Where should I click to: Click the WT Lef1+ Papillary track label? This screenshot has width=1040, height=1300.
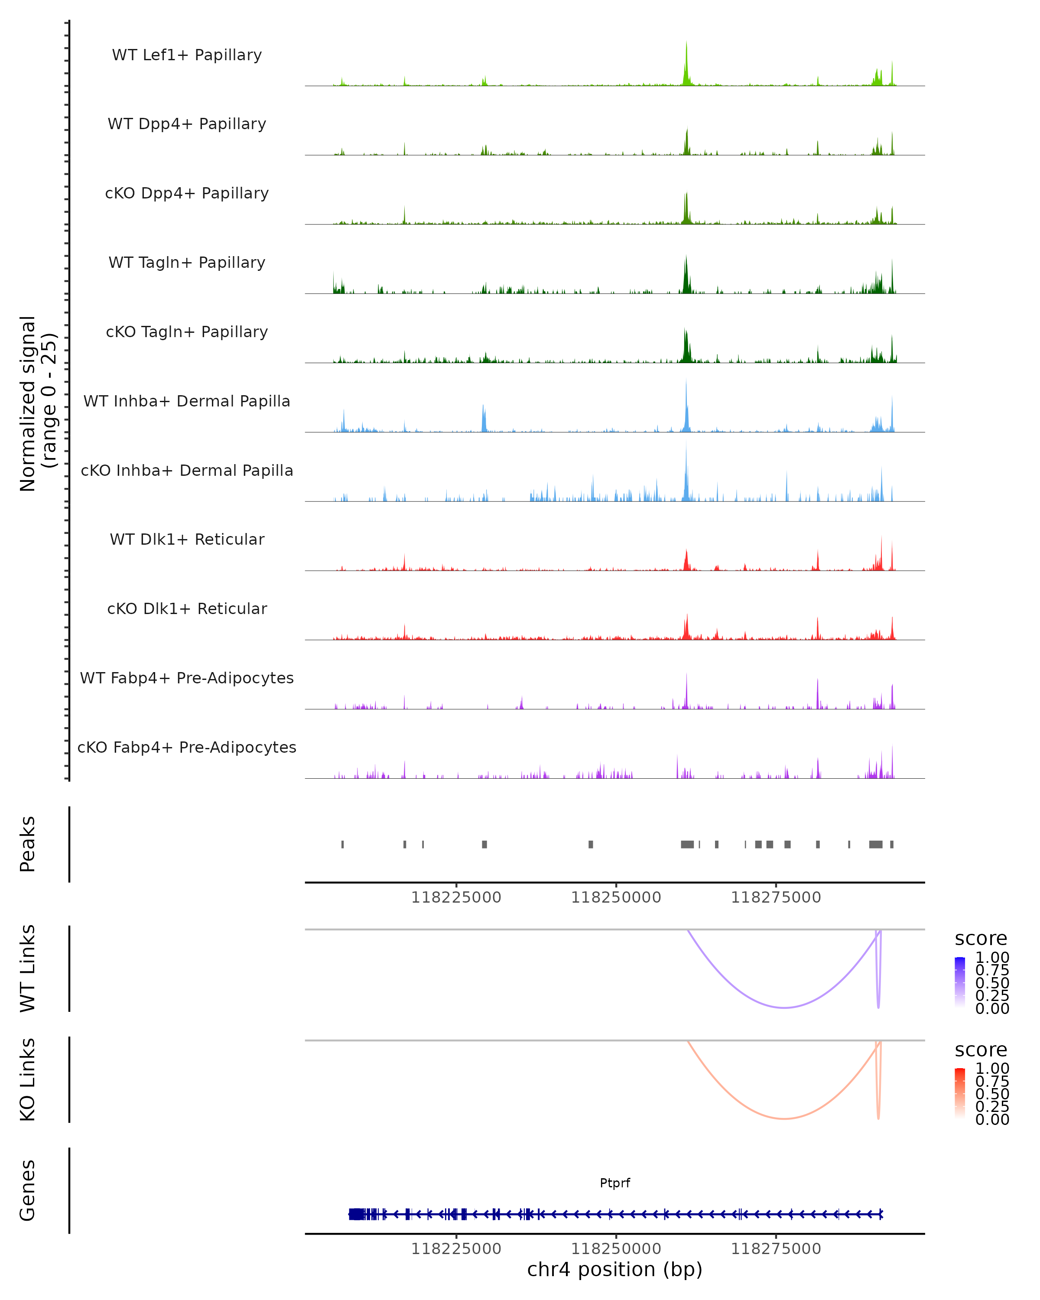pos(187,55)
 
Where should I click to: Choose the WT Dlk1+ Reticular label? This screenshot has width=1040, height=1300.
pos(187,539)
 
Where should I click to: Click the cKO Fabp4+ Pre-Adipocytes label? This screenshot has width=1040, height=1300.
pos(187,747)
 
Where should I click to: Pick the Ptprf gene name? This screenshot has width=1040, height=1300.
pos(614,1183)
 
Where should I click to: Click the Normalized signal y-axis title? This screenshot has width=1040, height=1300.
pos(37,403)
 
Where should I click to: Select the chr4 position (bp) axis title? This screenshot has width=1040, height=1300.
pos(614,1269)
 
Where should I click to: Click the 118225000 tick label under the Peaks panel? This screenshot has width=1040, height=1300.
pos(456,897)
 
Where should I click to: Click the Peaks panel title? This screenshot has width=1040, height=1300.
pos(27,844)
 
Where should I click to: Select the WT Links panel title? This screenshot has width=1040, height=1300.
pos(27,968)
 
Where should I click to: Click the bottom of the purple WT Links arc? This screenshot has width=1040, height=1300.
pos(784,1007)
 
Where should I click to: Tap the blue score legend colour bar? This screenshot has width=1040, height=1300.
pos(960,981)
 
